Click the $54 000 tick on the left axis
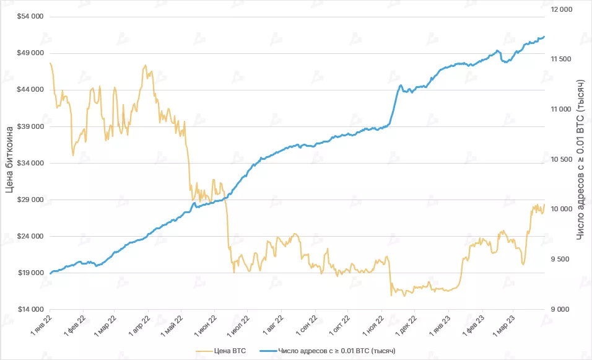(x=30, y=16)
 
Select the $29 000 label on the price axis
(x=30, y=200)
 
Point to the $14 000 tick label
(x=30, y=309)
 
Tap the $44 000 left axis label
(x=30, y=89)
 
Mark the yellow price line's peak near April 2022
(x=145, y=65)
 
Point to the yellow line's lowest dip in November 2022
(x=391, y=295)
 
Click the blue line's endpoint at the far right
(x=544, y=37)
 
